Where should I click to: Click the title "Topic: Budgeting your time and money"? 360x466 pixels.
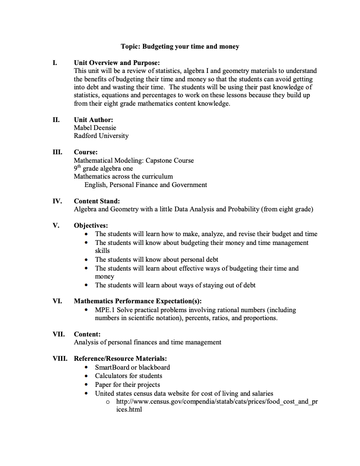[x=180, y=46]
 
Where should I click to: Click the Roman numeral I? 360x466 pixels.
[x=54, y=63]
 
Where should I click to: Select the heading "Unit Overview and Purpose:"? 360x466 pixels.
[x=117, y=63]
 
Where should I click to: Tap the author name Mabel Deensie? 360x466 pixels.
[x=95, y=128]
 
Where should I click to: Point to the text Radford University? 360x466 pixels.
[x=101, y=136]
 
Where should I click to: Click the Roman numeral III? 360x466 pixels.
[x=57, y=152]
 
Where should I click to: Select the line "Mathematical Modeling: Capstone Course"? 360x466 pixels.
[x=134, y=160]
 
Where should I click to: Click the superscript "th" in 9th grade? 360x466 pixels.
[x=80, y=167]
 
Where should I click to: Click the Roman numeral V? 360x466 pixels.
[x=56, y=225]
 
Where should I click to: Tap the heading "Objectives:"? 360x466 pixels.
[x=91, y=225]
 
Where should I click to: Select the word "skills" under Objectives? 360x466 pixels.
[x=102, y=251]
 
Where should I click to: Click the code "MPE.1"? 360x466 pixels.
[x=105, y=310]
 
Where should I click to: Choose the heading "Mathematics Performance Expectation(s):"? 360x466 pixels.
[x=138, y=301]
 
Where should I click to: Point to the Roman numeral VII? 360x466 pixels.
[x=58, y=334]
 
